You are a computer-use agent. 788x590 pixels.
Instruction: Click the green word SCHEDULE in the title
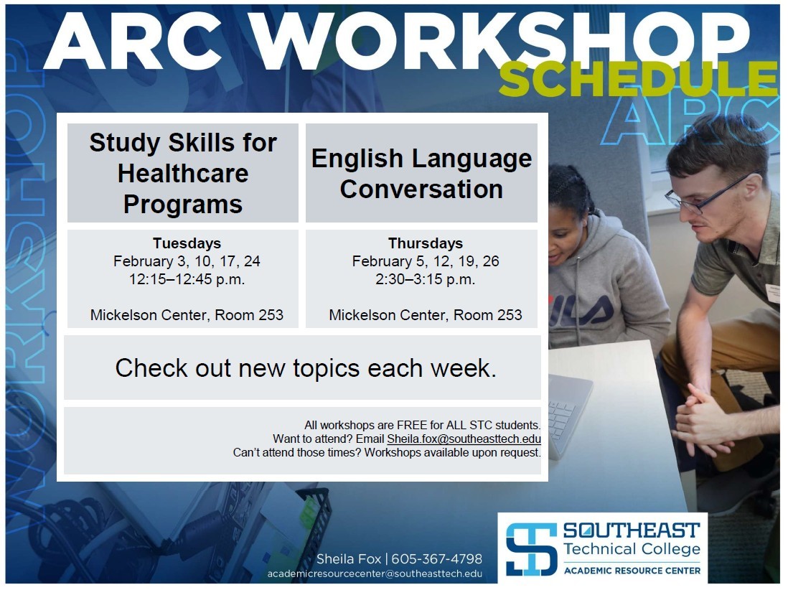tap(638, 80)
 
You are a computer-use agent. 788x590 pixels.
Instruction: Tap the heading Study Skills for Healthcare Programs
tap(183, 174)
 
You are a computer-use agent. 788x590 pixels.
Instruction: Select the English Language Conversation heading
tap(421, 174)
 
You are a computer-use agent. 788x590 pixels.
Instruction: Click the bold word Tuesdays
tap(187, 243)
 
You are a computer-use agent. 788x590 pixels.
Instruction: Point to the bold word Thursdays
tap(425, 243)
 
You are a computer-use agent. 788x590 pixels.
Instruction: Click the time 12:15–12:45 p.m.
tap(187, 279)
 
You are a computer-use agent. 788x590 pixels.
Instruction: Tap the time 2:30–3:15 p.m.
tap(425, 279)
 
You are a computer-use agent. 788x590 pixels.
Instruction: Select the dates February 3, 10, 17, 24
tap(187, 261)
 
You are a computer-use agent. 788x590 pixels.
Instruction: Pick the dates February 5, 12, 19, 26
tap(425, 261)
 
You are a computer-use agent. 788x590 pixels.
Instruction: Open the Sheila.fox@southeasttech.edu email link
tap(464, 439)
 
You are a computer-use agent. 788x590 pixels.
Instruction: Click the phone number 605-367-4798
tap(437, 559)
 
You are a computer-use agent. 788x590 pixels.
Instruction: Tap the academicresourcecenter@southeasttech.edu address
tap(375, 573)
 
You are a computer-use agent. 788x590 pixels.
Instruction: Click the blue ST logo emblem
tap(531, 549)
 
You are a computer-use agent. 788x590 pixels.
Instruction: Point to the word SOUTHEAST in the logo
tap(632, 530)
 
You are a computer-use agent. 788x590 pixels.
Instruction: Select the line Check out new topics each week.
tap(306, 368)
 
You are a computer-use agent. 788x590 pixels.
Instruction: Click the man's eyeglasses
tap(708, 194)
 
